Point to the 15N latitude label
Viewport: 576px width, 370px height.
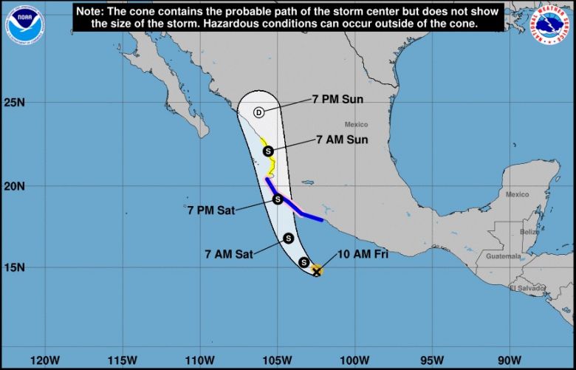(15, 268)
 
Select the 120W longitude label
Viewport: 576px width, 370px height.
(46, 360)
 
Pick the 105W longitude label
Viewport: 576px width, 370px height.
(277, 360)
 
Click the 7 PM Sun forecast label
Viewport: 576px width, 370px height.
(337, 99)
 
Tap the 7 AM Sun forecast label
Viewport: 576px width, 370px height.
(342, 139)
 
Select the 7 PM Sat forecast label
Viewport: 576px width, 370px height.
(210, 210)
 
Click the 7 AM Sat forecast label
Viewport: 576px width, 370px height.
(229, 254)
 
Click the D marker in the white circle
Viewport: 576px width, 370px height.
(258, 112)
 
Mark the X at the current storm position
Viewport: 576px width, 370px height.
(316, 272)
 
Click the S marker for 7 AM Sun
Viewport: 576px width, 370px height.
(269, 151)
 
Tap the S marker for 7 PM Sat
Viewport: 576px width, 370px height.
(278, 199)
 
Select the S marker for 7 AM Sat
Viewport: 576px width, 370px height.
(288, 238)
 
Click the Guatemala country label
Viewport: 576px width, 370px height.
(503, 256)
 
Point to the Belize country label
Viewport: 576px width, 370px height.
(529, 232)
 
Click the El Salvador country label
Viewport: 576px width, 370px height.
(527, 287)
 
